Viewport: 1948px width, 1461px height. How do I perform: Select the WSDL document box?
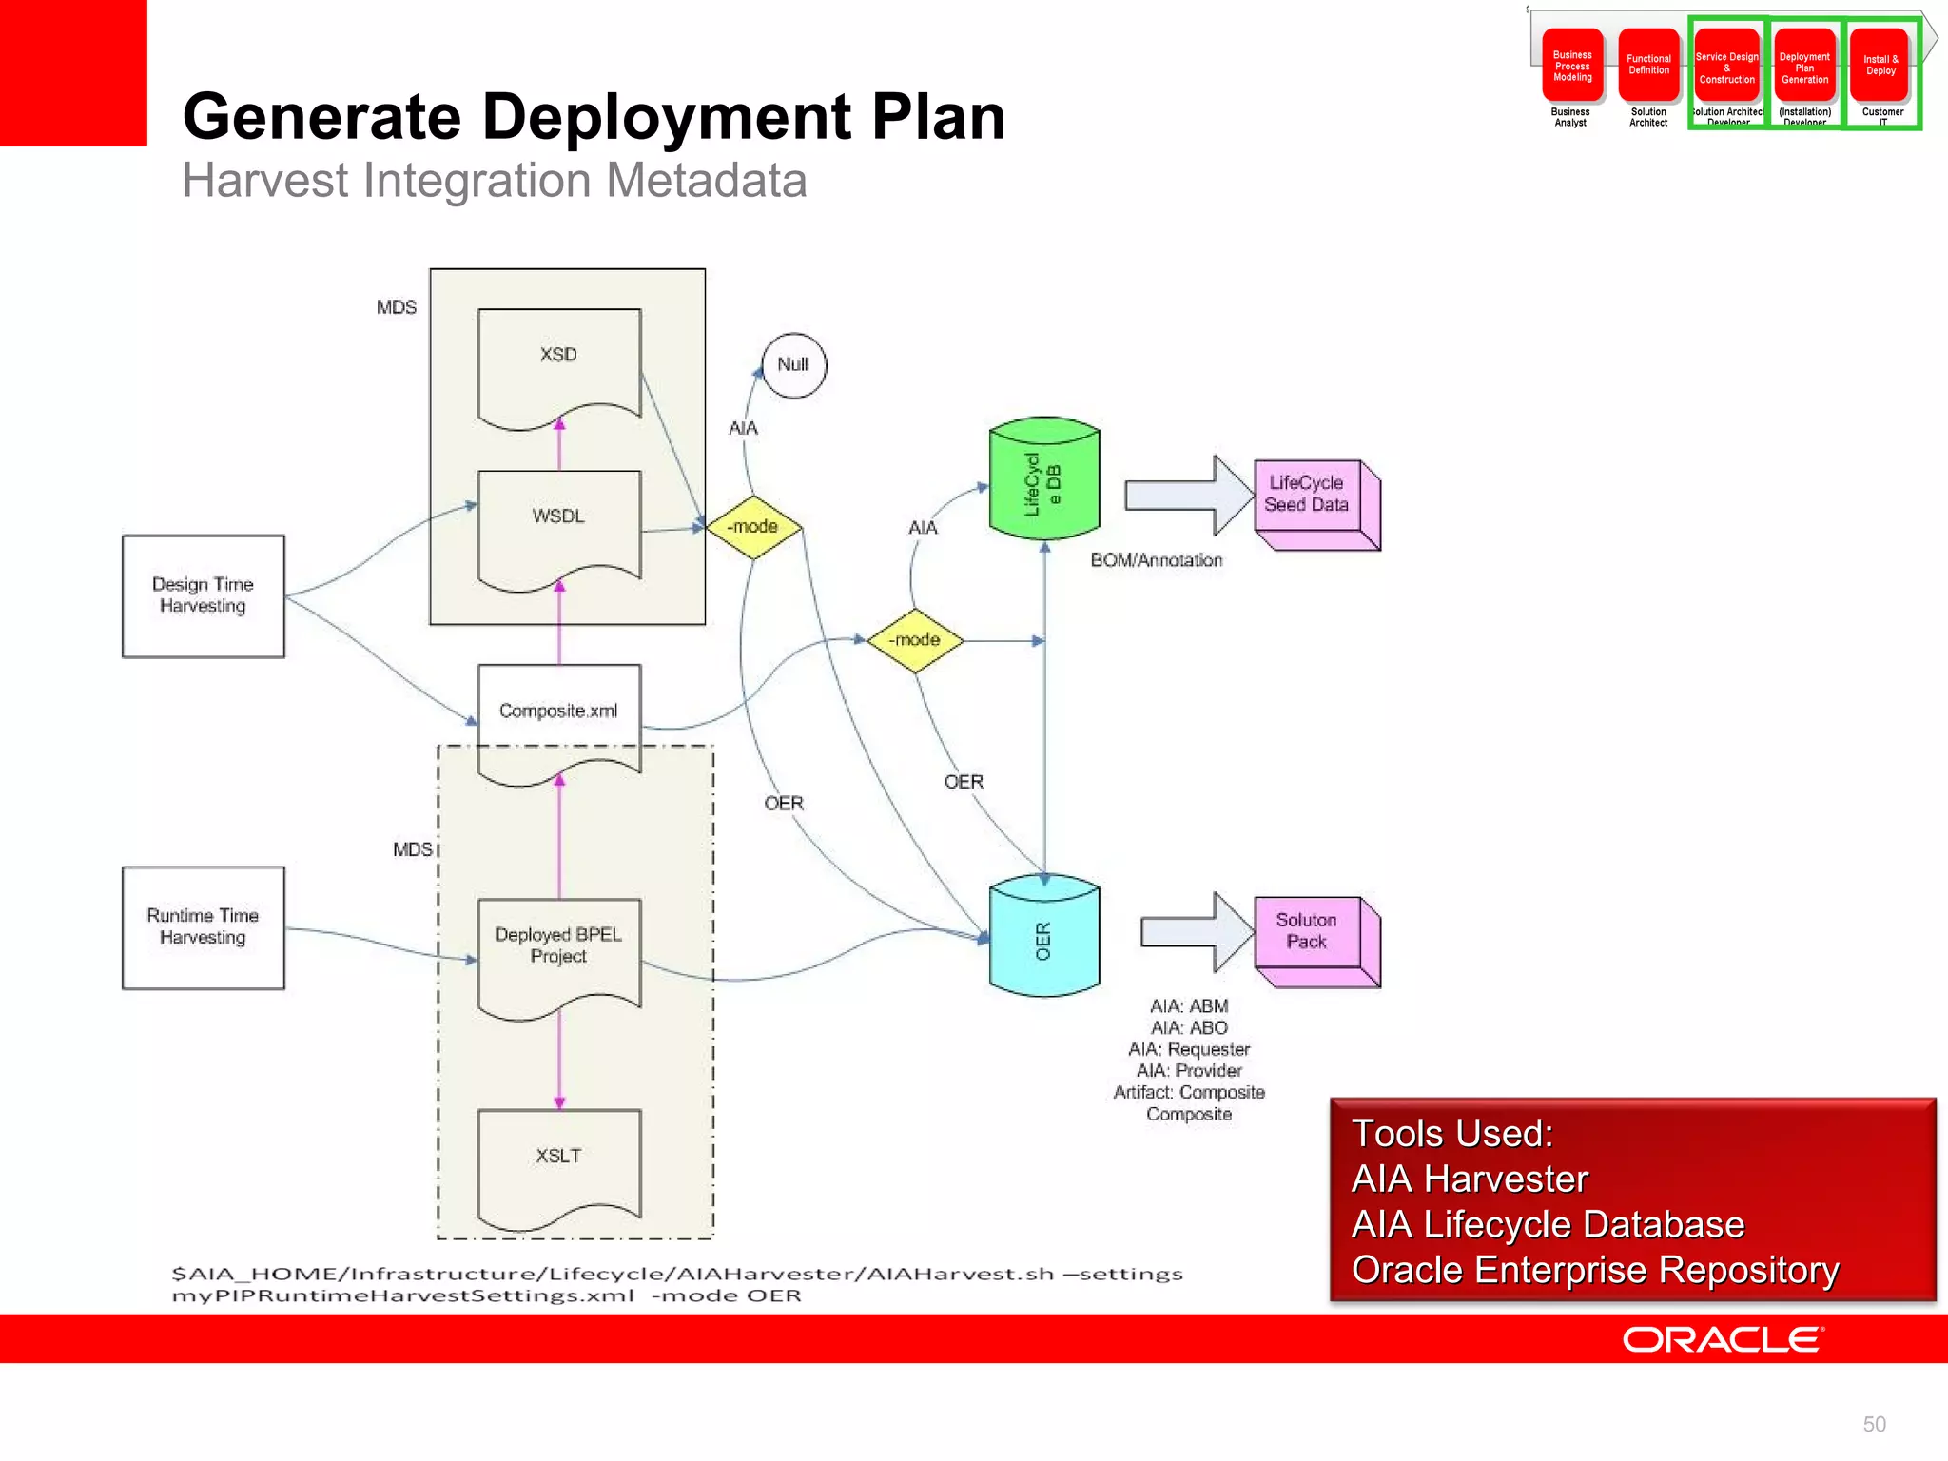(x=558, y=525)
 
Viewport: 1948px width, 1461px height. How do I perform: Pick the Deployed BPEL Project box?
(x=558, y=951)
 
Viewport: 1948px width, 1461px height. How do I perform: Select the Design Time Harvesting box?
(x=203, y=595)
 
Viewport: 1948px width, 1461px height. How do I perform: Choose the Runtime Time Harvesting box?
(x=203, y=926)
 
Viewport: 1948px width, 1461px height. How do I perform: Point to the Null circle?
(x=793, y=365)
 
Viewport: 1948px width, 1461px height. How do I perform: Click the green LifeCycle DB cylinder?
(x=1043, y=480)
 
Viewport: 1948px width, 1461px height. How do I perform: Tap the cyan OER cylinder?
(x=1043, y=937)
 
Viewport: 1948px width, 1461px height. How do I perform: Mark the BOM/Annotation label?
(x=1156, y=560)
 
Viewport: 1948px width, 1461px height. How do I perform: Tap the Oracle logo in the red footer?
(x=1723, y=1339)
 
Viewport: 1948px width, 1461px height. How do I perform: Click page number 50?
(x=1874, y=1424)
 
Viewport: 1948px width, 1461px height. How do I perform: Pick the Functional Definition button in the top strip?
(x=1648, y=66)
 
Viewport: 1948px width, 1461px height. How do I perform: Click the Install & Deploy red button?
(x=1880, y=66)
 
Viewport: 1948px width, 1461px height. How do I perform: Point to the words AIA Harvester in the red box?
(x=1470, y=1179)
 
